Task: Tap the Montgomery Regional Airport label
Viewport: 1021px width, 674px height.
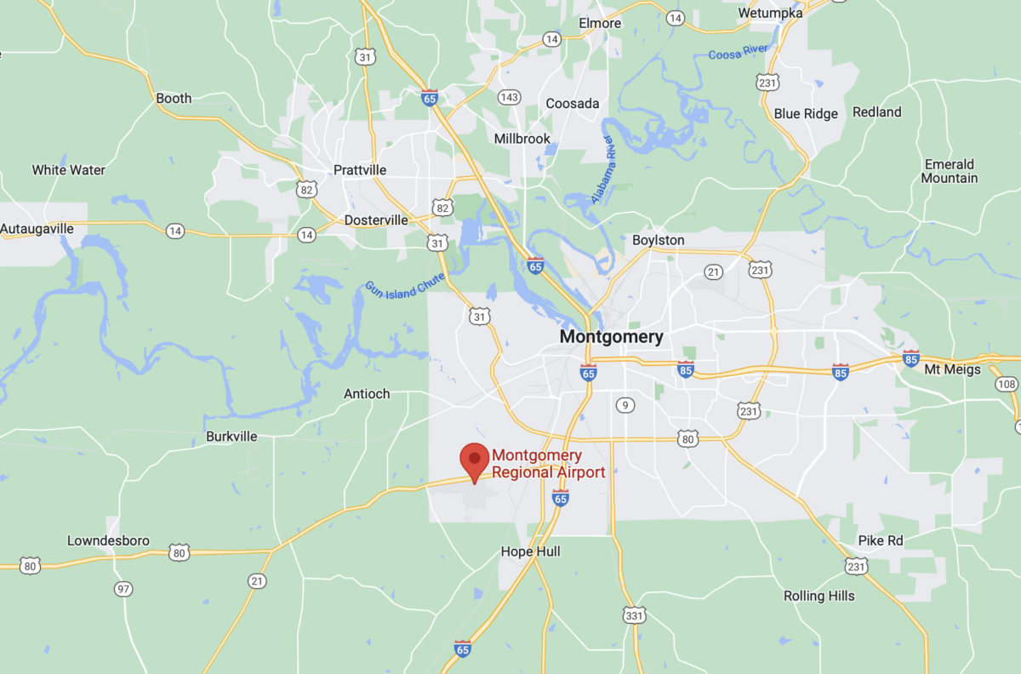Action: click(x=548, y=464)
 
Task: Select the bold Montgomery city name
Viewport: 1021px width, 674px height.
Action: click(x=611, y=337)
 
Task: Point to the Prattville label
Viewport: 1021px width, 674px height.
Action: click(x=360, y=170)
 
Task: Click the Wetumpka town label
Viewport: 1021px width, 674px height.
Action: click(x=770, y=13)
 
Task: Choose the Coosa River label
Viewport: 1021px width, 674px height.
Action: click(x=738, y=53)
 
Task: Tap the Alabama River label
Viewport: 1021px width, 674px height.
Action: click(x=611, y=157)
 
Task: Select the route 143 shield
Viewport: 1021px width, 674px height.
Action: click(x=509, y=97)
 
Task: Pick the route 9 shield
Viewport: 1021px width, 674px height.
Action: click(x=625, y=405)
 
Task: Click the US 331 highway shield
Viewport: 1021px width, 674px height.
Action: click(x=634, y=614)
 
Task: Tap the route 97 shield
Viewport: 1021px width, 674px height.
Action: click(x=124, y=589)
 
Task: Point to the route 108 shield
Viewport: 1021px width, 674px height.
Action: click(x=1007, y=384)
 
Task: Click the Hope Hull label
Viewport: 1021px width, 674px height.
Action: click(x=530, y=551)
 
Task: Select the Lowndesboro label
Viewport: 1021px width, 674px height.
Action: click(x=108, y=541)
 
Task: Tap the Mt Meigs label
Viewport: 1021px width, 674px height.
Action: click(x=952, y=369)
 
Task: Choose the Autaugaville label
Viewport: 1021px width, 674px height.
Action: click(x=37, y=229)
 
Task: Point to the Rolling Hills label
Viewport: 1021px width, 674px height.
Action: click(x=819, y=596)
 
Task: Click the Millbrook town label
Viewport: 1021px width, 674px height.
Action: click(x=522, y=139)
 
